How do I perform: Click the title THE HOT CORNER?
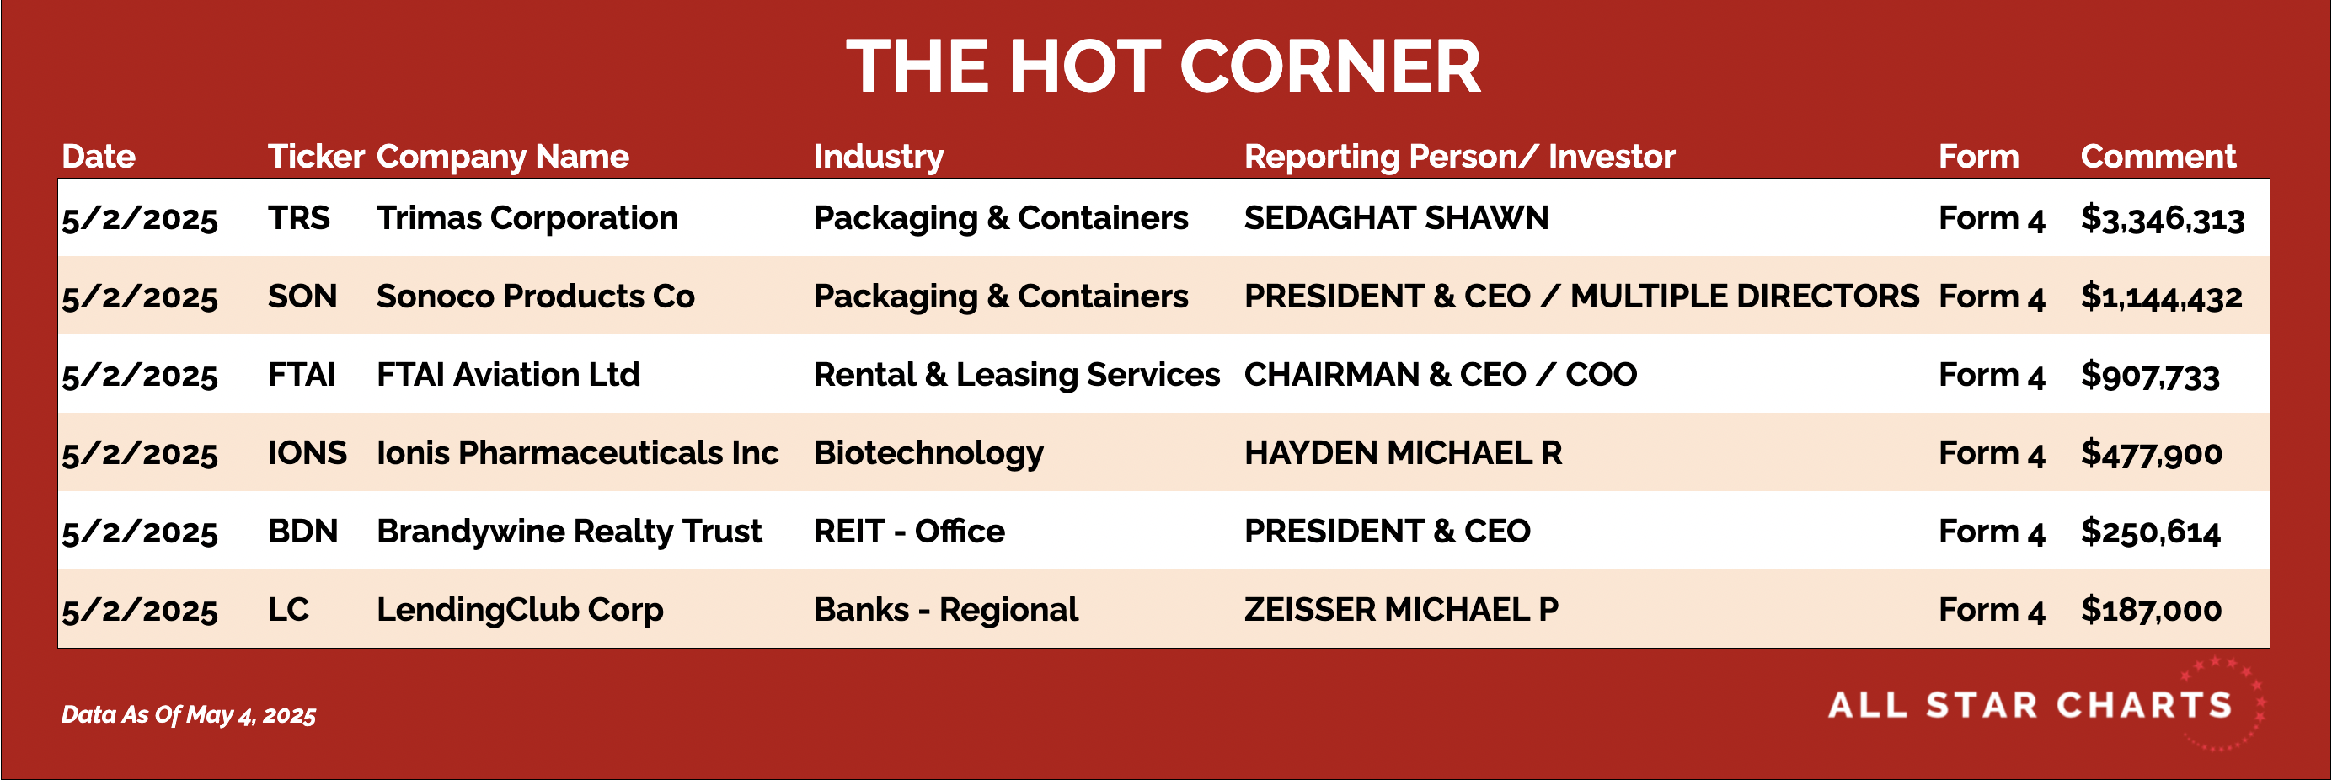tap(1163, 66)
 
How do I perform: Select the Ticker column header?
tap(316, 157)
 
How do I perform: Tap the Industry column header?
tap(878, 158)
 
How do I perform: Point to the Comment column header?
tap(2158, 157)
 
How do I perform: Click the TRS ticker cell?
tap(299, 218)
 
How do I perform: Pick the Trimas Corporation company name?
tap(527, 219)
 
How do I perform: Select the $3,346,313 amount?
tap(2163, 219)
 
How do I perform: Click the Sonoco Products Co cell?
tap(535, 297)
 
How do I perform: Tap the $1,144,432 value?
tap(2162, 297)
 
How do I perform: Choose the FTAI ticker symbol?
tap(302, 375)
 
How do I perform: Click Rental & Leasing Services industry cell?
tap(1017, 376)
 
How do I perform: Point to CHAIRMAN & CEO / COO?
tap(1441, 375)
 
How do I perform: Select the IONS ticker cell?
tap(307, 452)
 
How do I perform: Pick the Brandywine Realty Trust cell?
tap(570, 532)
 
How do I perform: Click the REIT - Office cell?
tap(909, 532)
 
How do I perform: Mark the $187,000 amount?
tap(2151, 610)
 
